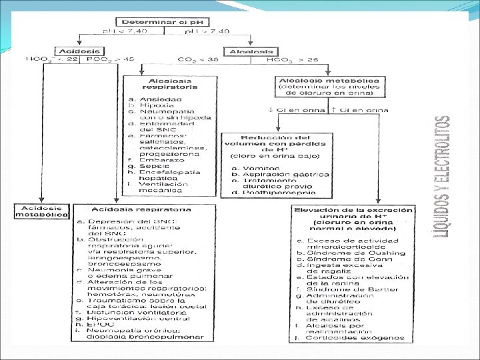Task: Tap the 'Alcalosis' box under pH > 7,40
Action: pos(250,51)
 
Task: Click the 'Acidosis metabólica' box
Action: pos(41,211)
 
